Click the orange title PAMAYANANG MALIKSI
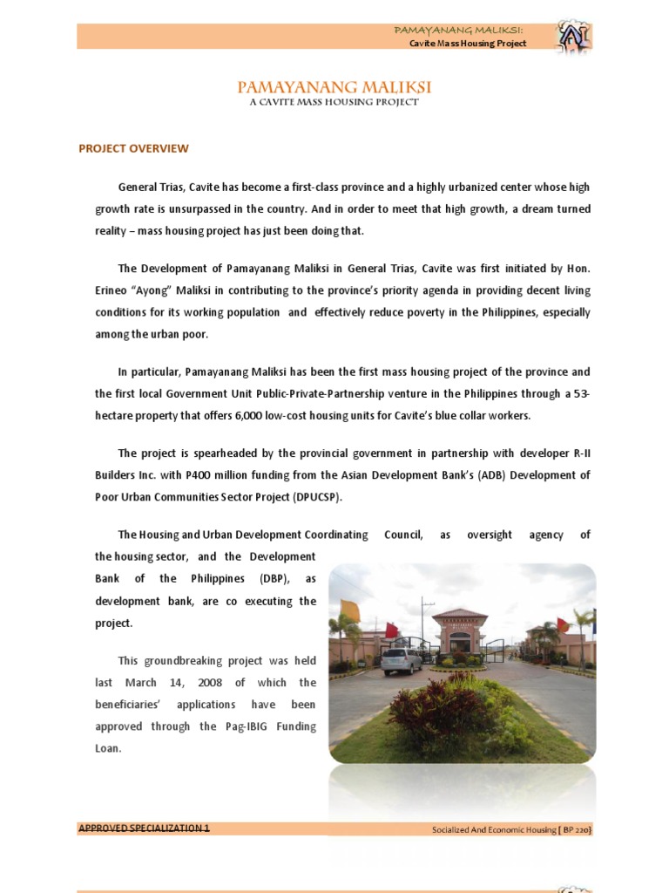[x=334, y=87]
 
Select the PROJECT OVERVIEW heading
[x=133, y=148]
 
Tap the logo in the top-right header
[x=573, y=36]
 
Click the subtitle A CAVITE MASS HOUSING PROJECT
[x=334, y=102]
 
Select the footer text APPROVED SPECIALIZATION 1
[x=144, y=828]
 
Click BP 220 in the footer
[x=577, y=829]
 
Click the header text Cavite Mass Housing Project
[x=468, y=44]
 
